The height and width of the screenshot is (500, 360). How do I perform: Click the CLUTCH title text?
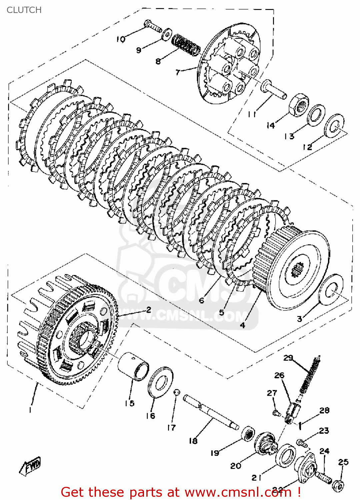coord(24,10)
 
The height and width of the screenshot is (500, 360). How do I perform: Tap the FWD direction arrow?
coord(31,465)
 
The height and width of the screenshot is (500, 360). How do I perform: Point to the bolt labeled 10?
coord(153,26)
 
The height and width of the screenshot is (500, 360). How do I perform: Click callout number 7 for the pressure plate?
coord(178,72)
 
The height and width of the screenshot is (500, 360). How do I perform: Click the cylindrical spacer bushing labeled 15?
coord(133,366)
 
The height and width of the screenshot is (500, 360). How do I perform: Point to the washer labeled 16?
coord(160,382)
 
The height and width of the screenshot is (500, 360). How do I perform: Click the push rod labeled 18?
coord(210,413)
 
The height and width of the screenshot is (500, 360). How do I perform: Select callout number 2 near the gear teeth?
coord(149,309)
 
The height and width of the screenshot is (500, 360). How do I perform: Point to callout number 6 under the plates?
coord(201,300)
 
